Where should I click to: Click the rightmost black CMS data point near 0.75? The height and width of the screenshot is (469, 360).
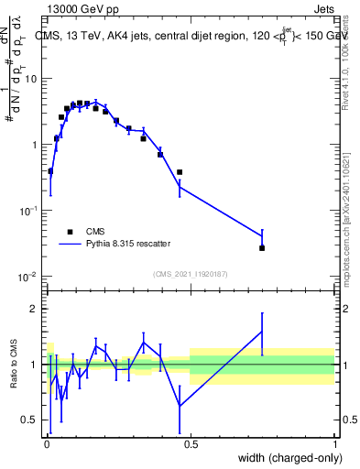(x=262, y=248)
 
